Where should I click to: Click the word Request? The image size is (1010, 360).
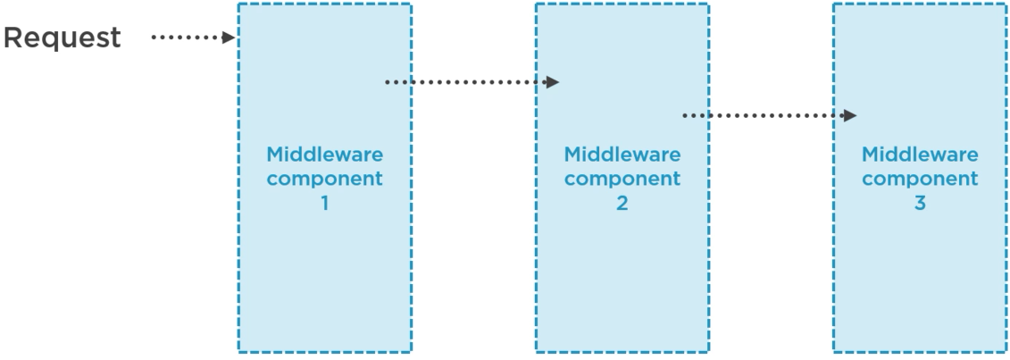click(63, 38)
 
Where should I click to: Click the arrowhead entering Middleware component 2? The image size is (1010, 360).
click(553, 82)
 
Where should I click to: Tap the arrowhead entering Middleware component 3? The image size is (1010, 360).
click(850, 115)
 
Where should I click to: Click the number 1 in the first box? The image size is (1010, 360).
click(325, 203)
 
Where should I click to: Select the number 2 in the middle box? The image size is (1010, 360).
click(622, 203)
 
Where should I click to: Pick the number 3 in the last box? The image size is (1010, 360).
click(920, 203)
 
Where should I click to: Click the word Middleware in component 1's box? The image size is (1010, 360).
click(325, 154)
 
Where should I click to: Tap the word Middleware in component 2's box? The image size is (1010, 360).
click(622, 154)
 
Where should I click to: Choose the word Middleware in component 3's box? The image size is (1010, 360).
click(920, 154)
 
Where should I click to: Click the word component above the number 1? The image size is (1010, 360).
click(325, 179)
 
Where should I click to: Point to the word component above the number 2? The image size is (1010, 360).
click(622, 179)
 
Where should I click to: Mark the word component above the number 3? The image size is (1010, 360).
click(920, 179)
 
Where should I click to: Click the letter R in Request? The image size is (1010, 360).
click(15, 38)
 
